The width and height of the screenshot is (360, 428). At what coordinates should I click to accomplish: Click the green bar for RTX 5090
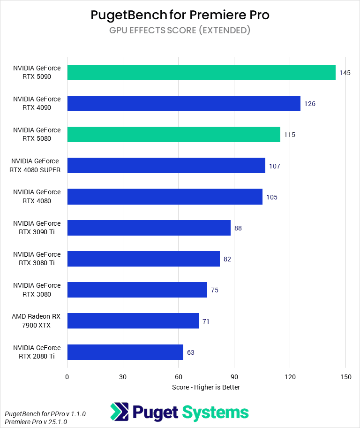(x=201, y=73)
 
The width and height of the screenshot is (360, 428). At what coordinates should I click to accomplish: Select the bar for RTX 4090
(x=184, y=104)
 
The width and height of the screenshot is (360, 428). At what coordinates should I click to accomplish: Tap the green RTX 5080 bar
(x=173, y=135)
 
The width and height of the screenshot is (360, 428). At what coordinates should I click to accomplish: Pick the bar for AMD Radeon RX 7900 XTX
(x=133, y=321)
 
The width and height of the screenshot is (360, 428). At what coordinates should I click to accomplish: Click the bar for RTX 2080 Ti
(x=125, y=352)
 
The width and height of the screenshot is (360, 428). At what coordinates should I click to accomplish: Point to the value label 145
(x=345, y=73)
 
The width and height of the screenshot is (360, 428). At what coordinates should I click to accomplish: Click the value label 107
(x=275, y=166)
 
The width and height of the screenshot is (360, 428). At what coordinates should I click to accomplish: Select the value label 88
(x=238, y=228)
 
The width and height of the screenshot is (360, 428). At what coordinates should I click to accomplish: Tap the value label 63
(x=191, y=352)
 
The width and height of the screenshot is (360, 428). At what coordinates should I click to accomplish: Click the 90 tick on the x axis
(x=234, y=377)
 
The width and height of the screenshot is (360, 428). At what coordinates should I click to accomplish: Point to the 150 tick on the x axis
(x=345, y=377)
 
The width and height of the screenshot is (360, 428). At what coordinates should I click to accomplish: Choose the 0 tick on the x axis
(x=67, y=377)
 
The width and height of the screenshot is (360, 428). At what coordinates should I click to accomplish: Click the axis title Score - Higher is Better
(x=206, y=387)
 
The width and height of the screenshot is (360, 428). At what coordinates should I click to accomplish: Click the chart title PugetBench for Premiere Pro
(x=180, y=15)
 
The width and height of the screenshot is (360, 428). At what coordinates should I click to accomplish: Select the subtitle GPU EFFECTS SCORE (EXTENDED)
(x=180, y=31)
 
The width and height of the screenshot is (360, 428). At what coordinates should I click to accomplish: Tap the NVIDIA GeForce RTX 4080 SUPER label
(x=35, y=166)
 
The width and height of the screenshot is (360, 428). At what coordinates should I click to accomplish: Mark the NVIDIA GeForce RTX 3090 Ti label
(x=37, y=228)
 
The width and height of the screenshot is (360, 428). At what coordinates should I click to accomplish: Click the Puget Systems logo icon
(x=120, y=412)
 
